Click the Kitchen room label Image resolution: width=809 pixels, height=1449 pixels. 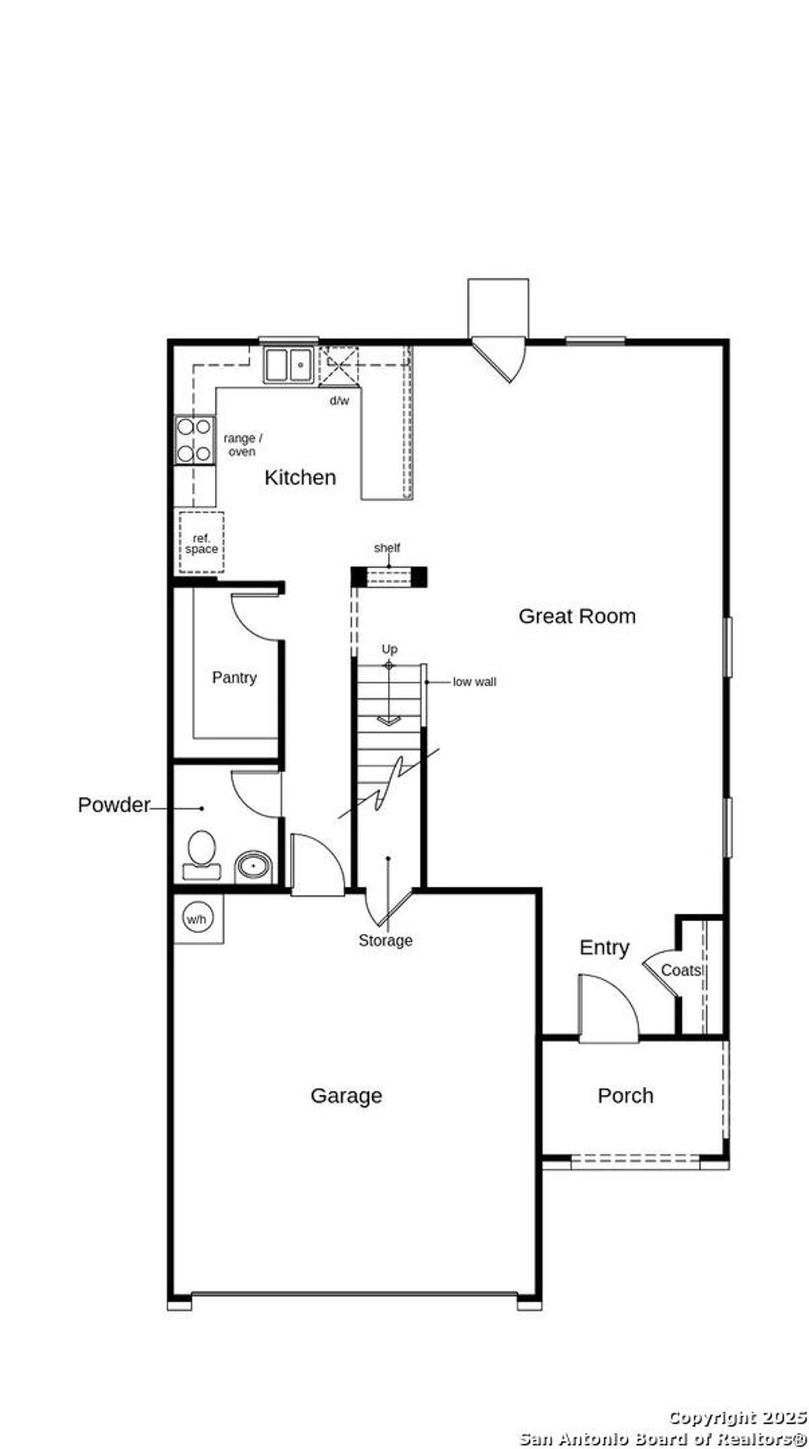click(300, 477)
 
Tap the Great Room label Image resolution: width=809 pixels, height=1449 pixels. click(577, 616)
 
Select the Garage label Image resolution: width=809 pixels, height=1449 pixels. click(346, 1096)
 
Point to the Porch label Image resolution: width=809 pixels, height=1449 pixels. click(625, 1096)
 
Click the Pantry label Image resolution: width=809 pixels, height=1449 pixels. click(234, 678)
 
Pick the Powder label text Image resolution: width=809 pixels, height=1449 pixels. click(114, 805)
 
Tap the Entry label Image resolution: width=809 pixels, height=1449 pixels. click(604, 947)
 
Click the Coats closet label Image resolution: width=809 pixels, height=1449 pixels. click(681, 970)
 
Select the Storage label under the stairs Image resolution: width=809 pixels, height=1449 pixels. click(386, 940)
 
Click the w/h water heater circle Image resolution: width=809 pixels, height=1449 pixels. click(195, 919)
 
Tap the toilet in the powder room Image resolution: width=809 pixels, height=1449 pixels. click(201, 852)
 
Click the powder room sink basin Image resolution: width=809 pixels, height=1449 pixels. click(254, 866)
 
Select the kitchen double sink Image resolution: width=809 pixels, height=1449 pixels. click(288, 365)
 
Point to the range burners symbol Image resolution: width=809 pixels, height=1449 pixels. click(194, 440)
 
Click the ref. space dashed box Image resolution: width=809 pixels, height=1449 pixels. click(201, 543)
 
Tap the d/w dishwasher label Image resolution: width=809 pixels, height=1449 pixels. click(339, 401)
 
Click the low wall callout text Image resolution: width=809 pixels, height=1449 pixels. click(474, 682)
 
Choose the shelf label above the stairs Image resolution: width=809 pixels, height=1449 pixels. click(387, 548)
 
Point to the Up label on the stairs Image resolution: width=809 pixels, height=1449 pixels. click(389, 649)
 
